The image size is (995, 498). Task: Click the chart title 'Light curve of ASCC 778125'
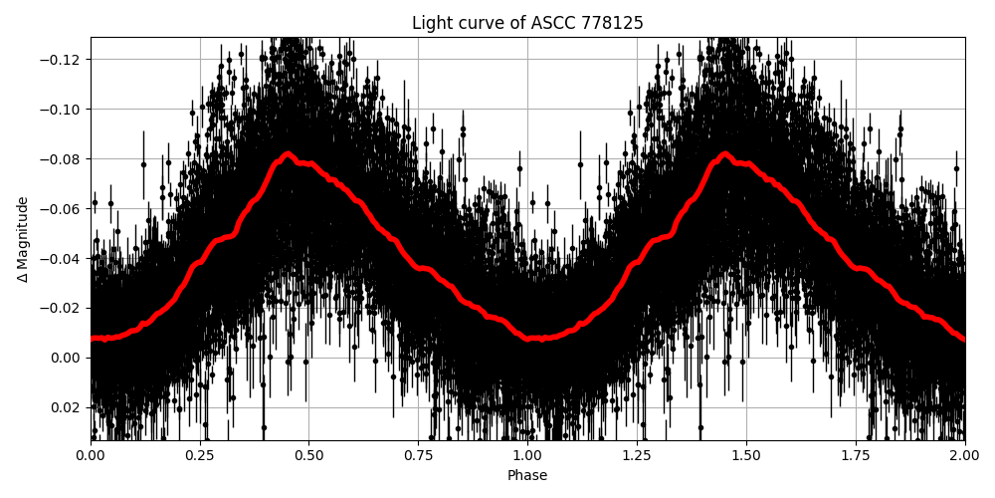527,23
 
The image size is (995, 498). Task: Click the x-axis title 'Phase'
527,476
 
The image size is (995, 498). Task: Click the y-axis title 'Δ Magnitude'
23,239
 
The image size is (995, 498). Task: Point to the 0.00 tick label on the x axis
91,457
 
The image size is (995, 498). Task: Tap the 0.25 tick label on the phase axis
200,457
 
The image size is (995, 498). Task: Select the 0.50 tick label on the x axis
308,457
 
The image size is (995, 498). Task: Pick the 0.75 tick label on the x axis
418,457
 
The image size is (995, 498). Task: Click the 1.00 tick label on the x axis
527,457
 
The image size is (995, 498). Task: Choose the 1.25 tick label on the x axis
637,457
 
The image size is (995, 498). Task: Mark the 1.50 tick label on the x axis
746,457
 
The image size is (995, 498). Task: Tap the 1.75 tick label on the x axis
855,457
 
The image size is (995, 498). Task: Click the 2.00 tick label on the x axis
964,457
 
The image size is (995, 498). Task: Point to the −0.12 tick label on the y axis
62,60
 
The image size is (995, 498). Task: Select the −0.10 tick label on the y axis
62,110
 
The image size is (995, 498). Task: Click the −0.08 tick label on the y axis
62,159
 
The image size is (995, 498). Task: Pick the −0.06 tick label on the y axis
62,209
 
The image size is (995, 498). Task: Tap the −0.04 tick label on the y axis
62,259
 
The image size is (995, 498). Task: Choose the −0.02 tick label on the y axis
62,308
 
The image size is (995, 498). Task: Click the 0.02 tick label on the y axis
66,407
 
